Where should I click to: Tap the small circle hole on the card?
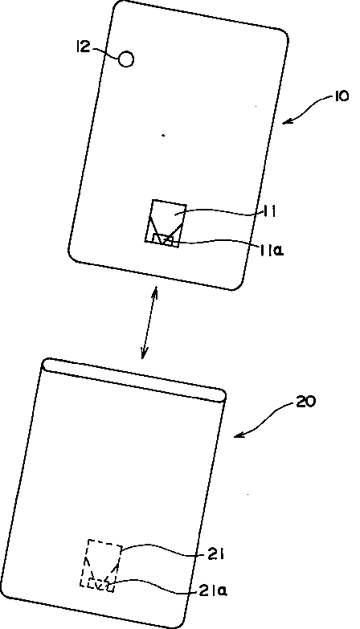126,59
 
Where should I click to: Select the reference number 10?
341,96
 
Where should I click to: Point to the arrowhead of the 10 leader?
285,120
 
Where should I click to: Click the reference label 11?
269,211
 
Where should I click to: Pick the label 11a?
272,251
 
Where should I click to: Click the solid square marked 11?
166,223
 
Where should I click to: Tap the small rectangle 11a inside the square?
162,239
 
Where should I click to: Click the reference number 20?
306,402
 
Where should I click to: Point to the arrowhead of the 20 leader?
239,435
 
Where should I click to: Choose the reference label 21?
215,555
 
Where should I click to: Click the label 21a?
213,590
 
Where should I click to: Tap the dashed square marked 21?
101,566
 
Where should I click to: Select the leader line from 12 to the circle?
106,51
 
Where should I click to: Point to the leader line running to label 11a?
217,242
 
